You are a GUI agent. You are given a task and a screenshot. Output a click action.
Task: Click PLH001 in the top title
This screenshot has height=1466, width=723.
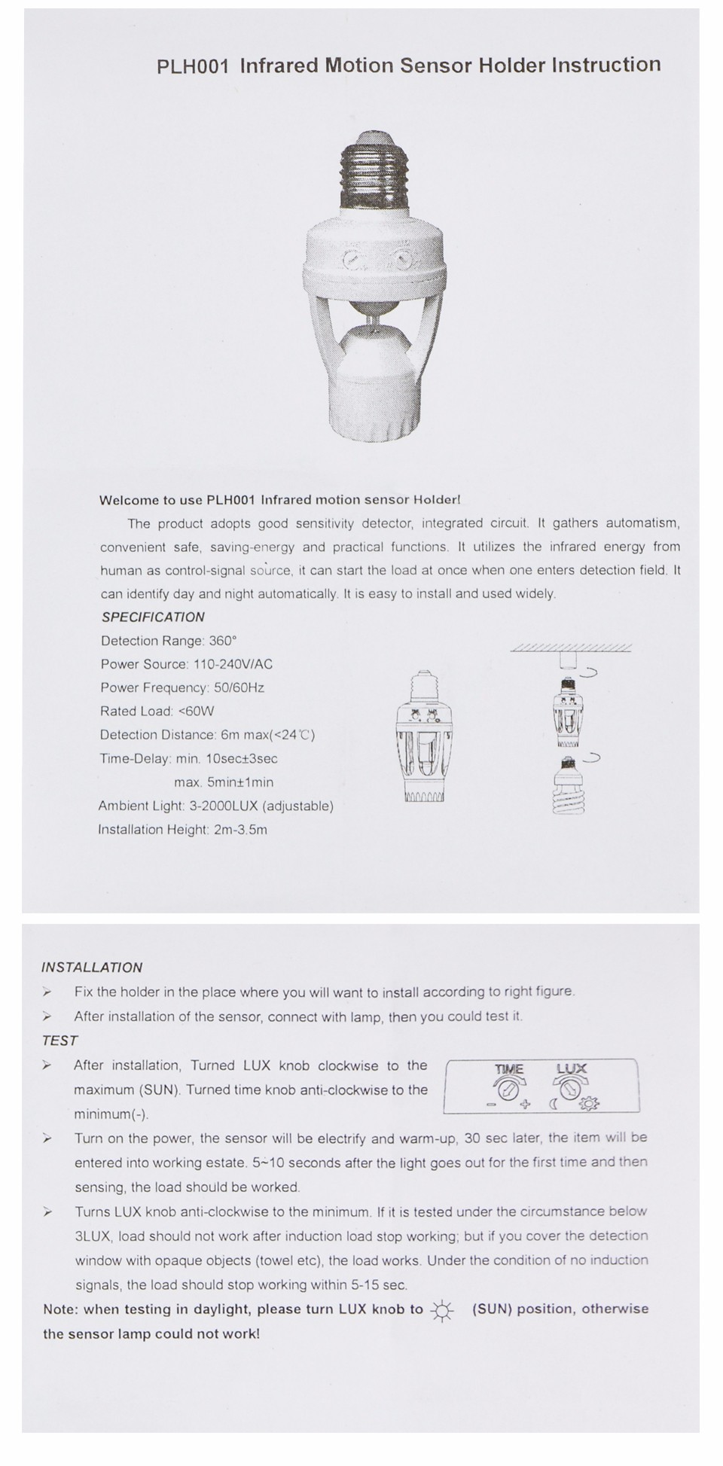(192, 66)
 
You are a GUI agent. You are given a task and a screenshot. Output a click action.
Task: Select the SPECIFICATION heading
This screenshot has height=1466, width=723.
(153, 617)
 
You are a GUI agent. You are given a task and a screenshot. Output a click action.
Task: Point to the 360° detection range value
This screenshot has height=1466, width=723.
(222, 641)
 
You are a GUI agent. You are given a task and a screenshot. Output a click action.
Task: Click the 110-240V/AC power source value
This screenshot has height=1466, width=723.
(233, 664)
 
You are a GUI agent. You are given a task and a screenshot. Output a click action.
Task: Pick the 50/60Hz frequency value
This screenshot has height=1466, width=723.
(239, 687)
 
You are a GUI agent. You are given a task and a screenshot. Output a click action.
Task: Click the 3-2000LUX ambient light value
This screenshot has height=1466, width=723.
(224, 806)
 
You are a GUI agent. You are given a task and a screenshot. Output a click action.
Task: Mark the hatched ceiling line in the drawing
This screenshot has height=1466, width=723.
(571, 648)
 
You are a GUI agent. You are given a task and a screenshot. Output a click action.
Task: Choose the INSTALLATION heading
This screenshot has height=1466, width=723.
(92, 968)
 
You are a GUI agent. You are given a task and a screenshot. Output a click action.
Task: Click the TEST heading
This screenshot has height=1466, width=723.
(60, 1041)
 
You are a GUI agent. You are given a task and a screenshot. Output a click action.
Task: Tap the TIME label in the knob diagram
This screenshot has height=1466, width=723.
(509, 1069)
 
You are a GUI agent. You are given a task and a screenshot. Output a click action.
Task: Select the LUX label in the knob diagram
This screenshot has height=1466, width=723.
(572, 1068)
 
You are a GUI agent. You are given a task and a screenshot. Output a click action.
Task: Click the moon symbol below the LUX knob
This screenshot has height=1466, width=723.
(553, 1105)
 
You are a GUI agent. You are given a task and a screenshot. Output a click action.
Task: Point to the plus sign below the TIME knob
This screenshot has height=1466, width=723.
(525, 1105)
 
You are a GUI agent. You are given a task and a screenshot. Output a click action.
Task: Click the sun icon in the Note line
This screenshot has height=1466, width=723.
(442, 1312)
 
